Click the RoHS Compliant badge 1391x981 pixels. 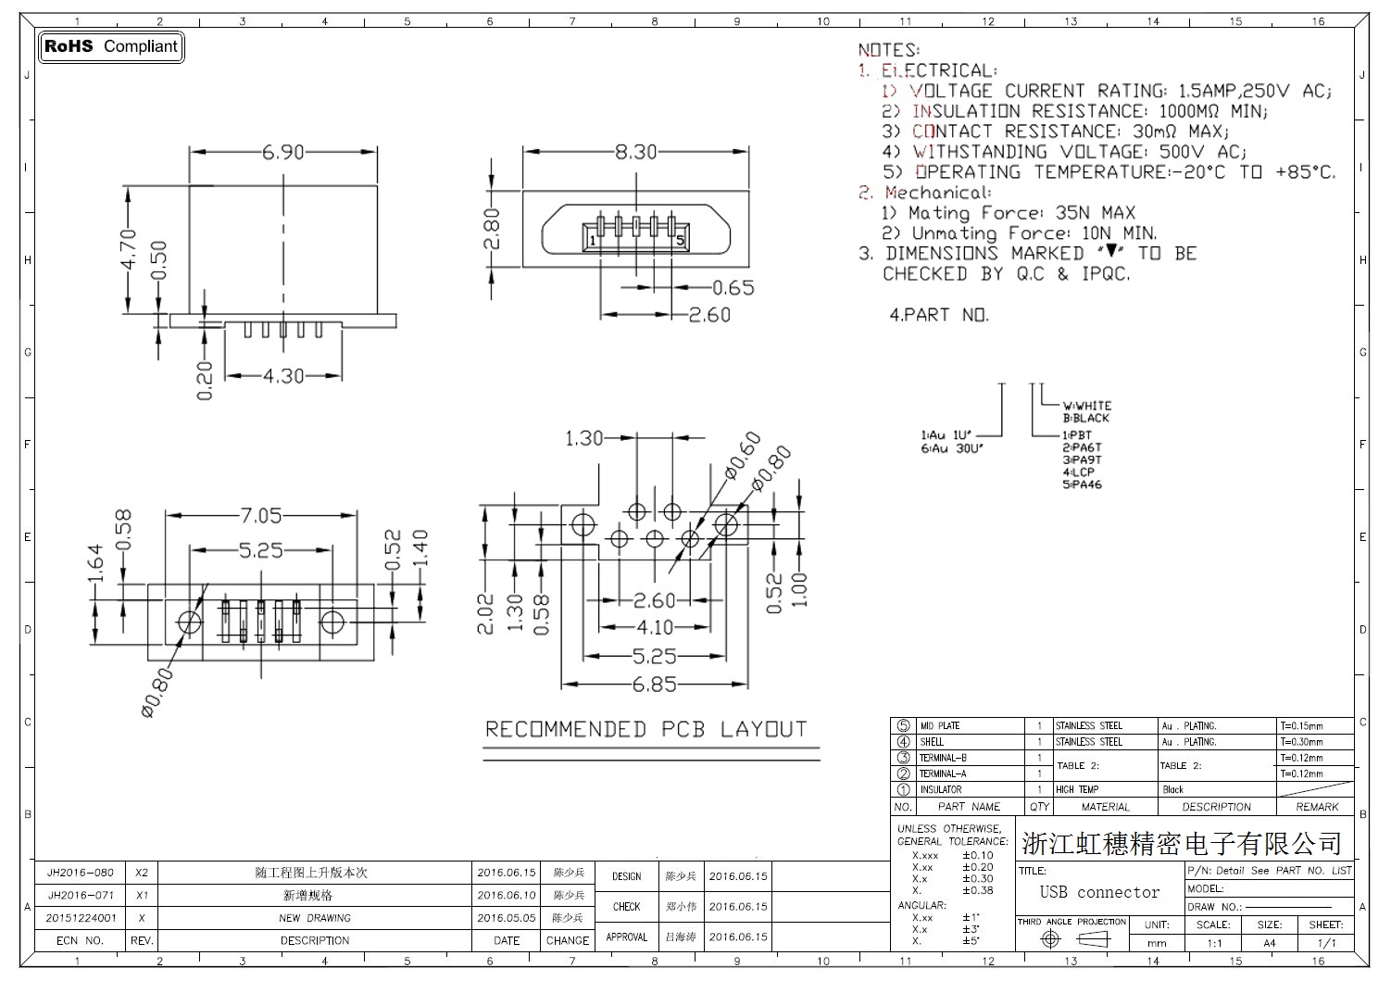click(110, 46)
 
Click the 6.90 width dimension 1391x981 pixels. click(282, 152)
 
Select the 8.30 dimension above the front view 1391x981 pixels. click(635, 152)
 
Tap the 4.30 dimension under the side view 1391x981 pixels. click(283, 376)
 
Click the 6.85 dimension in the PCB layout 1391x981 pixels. click(654, 685)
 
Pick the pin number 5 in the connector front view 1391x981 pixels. click(680, 241)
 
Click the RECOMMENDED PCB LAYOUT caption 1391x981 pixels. click(646, 730)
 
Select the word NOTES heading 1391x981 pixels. click(888, 50)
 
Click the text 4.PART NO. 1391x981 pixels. click(939, 315)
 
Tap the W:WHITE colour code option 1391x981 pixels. click(1086, 406)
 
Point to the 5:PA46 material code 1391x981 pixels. click(1082, 484)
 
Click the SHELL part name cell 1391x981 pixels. click(932, 742)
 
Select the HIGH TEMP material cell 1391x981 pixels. click(1077, 790)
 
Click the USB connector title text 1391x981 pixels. click(1099, 892)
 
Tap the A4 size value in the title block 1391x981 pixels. click(1269, 943)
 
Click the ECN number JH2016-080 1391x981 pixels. click(81, 873)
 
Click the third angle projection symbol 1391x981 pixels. click(1072, 939)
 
